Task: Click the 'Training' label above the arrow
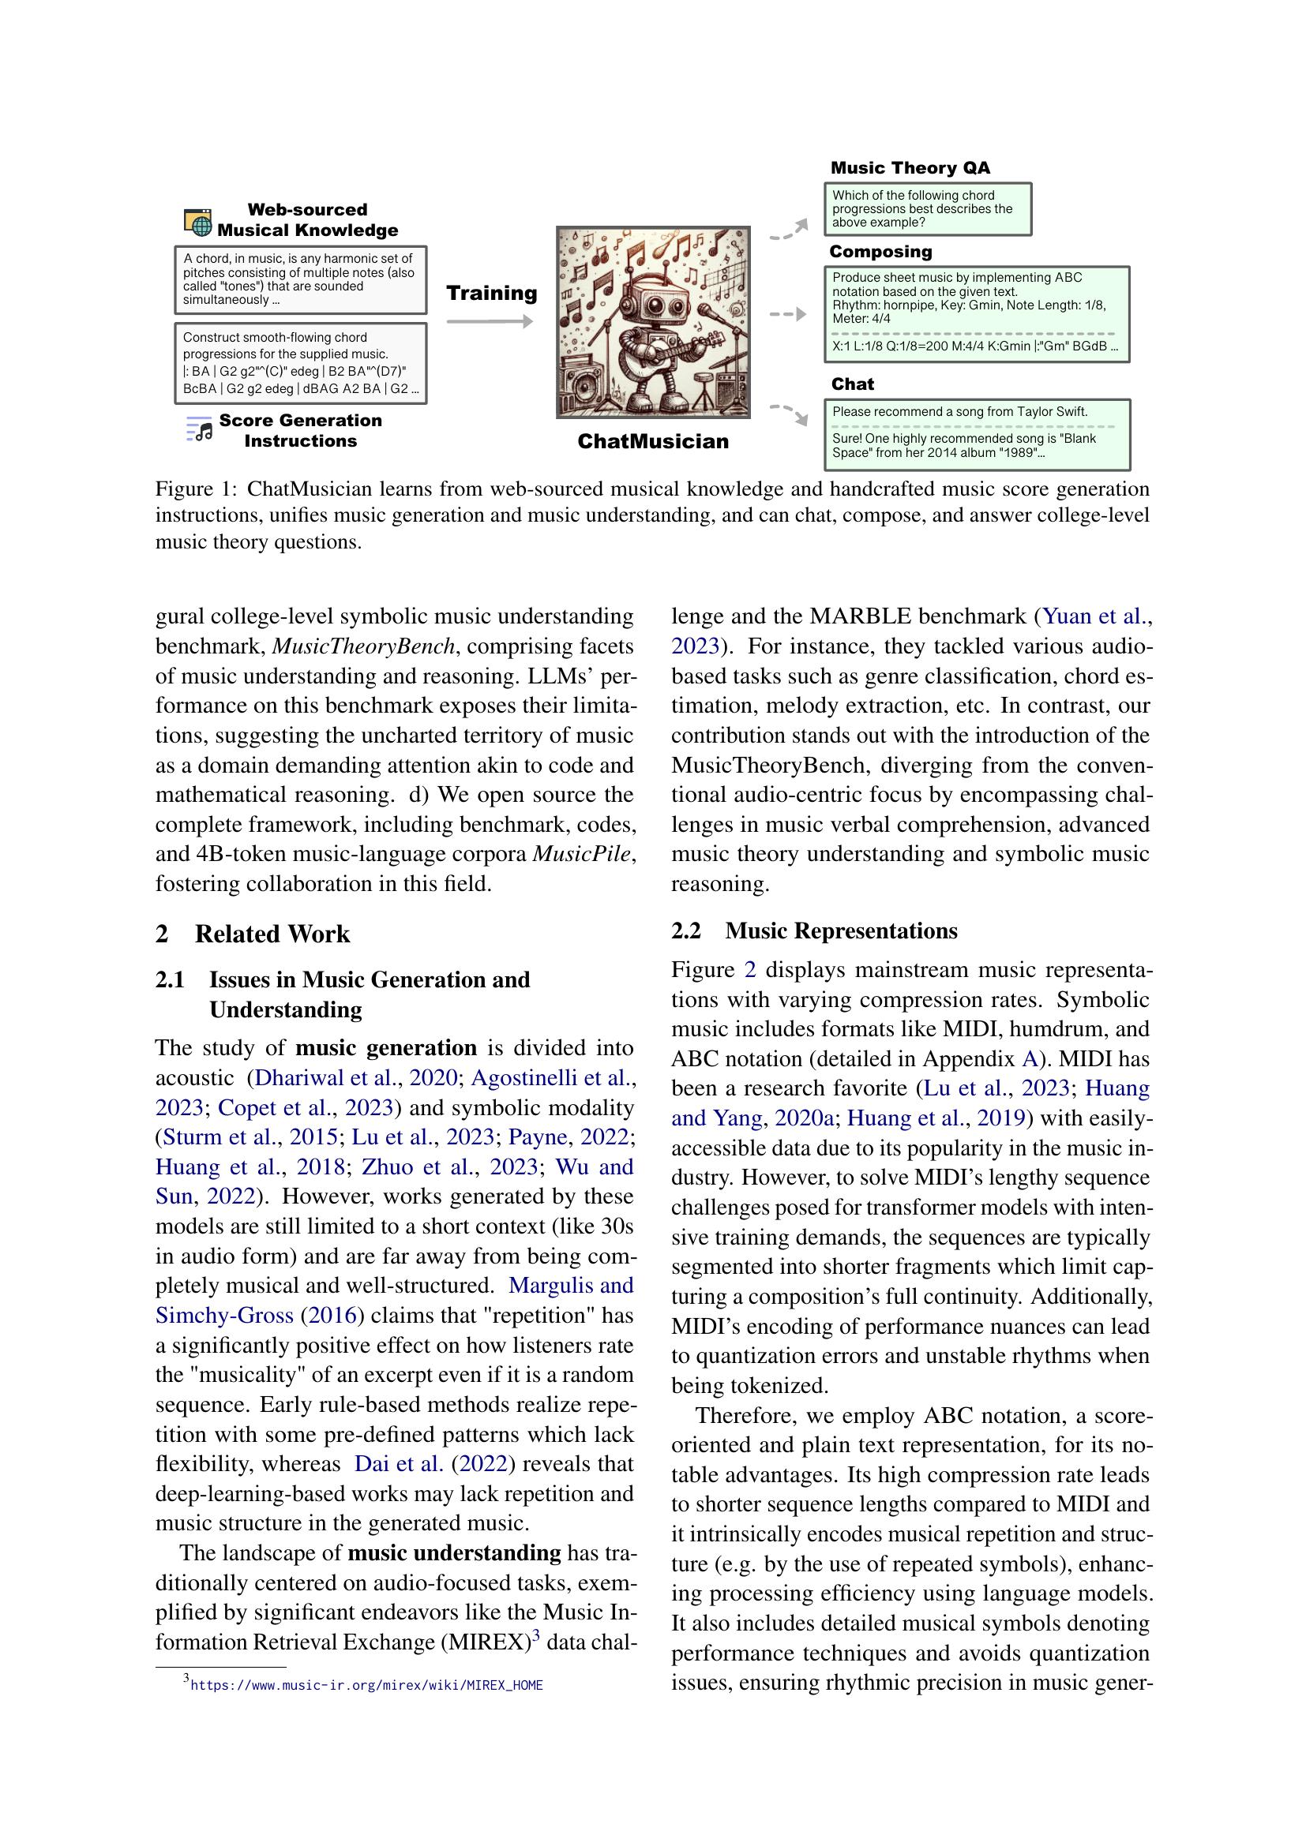[x=491, y=293]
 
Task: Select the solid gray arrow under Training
[x=489, y=321]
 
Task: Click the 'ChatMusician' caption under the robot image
[x=653, y=441]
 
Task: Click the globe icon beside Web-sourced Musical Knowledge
[x=199, y=221]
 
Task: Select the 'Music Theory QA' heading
[x=910, y=168]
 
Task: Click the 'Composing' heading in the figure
[x=880, y=252]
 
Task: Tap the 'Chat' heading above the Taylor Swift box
[x=853, y=384]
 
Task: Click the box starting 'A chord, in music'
[x=300, y=279]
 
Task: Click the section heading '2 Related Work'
[x=253, y=934]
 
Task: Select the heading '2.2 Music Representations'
[x=814, y=930]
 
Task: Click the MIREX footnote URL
[x=366, y=1685]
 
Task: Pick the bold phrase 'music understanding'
[x=454, y=1552]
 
